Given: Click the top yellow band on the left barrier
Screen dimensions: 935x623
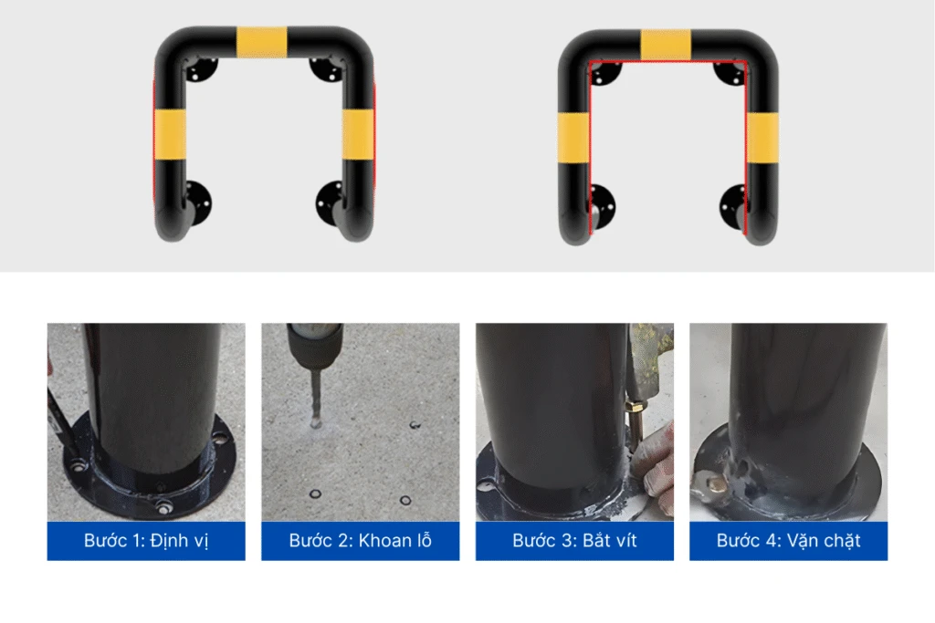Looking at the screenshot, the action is (261, 42).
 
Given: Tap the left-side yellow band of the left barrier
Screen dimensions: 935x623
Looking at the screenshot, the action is (170, 135).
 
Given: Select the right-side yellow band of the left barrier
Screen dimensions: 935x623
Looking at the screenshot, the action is (358, 135).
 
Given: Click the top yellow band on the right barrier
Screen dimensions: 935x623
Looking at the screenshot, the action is (666, 45).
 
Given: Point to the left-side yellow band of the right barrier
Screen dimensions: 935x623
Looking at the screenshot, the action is (573, 138).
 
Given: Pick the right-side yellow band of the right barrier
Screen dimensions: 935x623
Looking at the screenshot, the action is (762, 138).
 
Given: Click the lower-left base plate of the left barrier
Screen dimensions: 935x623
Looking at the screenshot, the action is (198, 202).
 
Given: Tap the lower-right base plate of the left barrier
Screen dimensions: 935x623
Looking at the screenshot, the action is (330, 203).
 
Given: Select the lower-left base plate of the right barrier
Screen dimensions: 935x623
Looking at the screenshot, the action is (603, 207).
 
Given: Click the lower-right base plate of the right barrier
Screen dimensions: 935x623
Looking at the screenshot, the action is (733, 207).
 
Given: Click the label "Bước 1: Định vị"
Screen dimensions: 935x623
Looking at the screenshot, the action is (146, 541).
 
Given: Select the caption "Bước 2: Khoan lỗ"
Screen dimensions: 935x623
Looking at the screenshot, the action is (360, 541).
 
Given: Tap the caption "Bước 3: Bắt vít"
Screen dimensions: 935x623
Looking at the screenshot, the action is (574, 541).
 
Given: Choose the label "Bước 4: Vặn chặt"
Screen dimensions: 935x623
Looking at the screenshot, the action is (788, 541).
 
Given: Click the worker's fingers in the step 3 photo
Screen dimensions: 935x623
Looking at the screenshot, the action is (654, 471).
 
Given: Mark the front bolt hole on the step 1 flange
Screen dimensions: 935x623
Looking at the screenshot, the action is (163, 508).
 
